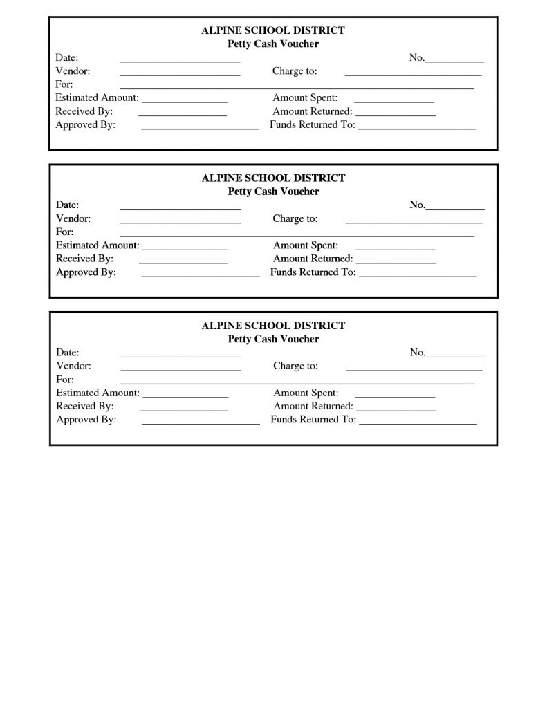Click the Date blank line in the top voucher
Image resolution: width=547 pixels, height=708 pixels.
click(x=180, y=61)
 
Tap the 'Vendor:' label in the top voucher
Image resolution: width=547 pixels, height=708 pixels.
click(x=73, y=71)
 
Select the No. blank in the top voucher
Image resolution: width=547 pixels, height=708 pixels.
click(x=454, y=62)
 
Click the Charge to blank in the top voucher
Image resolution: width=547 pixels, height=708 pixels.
click(x=413, y=74)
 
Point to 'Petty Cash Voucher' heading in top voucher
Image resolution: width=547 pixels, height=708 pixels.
click(x=273, y=44)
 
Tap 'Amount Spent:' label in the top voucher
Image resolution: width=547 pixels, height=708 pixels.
click(x=305, y=98)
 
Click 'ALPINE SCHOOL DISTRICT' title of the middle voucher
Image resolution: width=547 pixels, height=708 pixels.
click(x=273, y=178)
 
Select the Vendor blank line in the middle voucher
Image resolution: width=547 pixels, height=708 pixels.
click(x=180, y=223)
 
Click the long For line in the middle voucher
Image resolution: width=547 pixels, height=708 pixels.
click(x=297, y=236)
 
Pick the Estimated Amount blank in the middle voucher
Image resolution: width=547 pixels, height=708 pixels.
click(x=185, y=249)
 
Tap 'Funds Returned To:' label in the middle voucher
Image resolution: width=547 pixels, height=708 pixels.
click(x=313, y=272)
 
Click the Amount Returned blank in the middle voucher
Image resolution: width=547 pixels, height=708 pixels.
click(x=396, y=263)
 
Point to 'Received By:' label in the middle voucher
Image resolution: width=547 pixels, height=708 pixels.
click(x=84, y=259)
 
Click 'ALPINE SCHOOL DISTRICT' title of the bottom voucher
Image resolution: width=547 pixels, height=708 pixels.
click(x=273, y=325)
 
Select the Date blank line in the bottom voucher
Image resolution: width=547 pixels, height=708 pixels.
click(x=180, y=356)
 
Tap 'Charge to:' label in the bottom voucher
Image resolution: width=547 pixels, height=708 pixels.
click(x=295, y=366)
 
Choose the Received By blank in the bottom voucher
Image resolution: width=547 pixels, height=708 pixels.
click(x=183, y=410)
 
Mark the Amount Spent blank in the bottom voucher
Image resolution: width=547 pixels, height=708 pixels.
click(x=394, y=397)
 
